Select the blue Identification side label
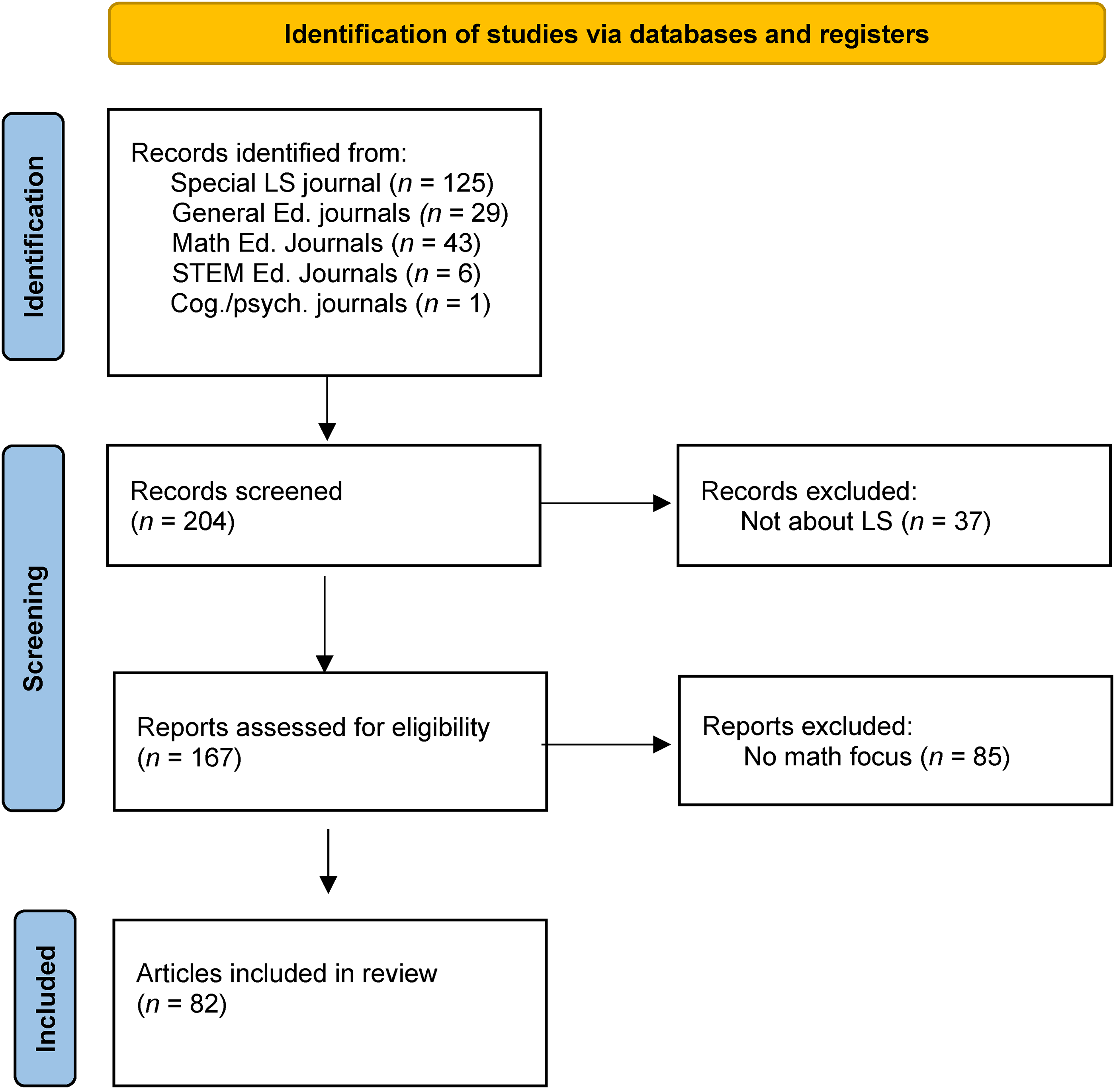pyautogui.click(x=33, y=236)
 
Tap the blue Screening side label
pyautogui.click(x=33, y=628)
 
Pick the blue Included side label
pyautogui.click(x=45, y=998)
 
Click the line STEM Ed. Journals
pyautogui.click(x=326, y=273)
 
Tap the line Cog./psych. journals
pyautogui.click(x=330, y=304)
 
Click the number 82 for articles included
pyautogui.click(x=205, y=1004)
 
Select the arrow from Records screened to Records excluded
pyautogui.click(x=605, y=504)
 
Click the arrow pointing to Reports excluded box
pyautogui.click(x=605, y=744)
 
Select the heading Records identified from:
pyautogui.click(x=269, y=153)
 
